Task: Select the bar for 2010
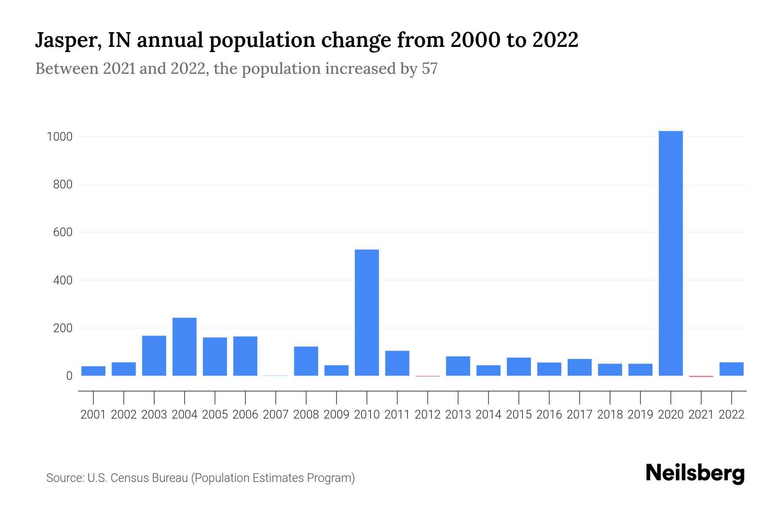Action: pyautogui.click(x=367, y=313)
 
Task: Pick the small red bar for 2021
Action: pyautogui.click(x=701, y=376)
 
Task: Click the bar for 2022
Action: pyautogui.click(x=731, y=369)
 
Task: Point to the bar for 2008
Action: pyautogui.click(x=306, y=361)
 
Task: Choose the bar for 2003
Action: pyautogui.click(x=154, y=356)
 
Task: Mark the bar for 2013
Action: pyautogui.click(x=458, y=366)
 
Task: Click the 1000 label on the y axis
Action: pyautogui.click(x=59, y=137)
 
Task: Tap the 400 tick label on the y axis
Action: pyautogui.click(x=63, y=280)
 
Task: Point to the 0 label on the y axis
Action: pyautogui.click(x=69, y=376)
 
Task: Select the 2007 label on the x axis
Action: pyautogui.click(x=275, y=415)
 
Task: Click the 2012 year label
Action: pyautogui.click(x=427, y=415)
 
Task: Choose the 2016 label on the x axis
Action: pyautogui.click(x=549, y=415)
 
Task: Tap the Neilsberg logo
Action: pyautogui.click(x=695, y=473)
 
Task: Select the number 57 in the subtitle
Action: pyautogui.click(x=429, y=69)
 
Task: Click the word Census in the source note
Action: pyautogui.click(x=126, y=478)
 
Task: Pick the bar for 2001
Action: pyautogui.click(x=93, y=371)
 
